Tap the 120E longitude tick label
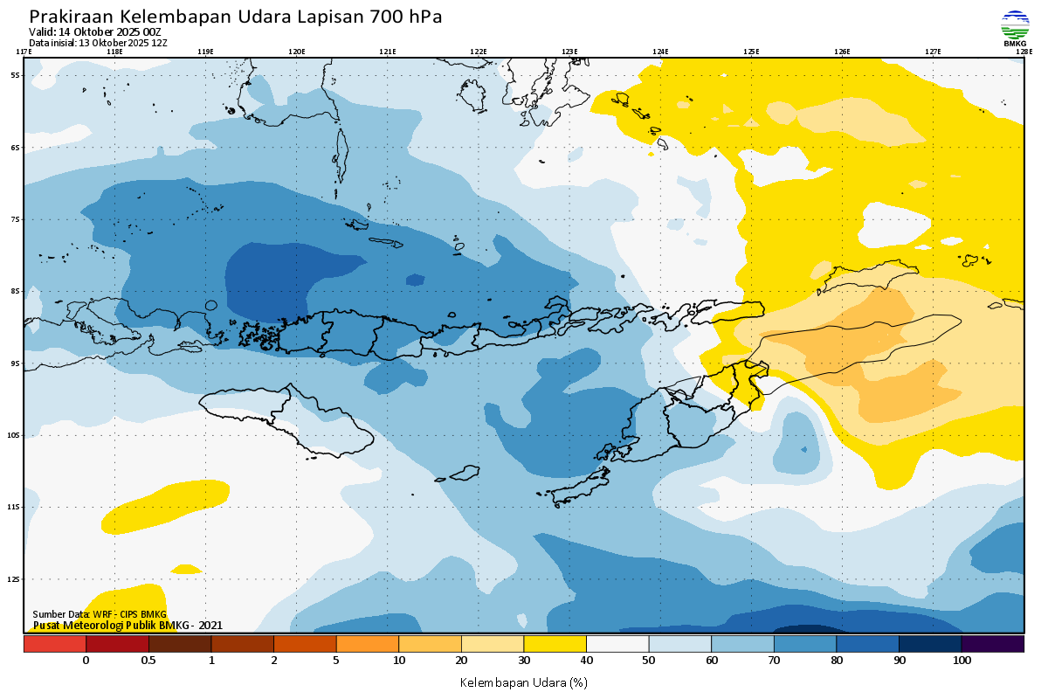pos(296,52)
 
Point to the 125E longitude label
pos(751,52)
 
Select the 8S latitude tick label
pos(16,291)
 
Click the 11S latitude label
pos(16,507)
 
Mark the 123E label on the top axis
pos(569,52)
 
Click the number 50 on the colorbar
pos(649,661)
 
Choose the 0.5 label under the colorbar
pos(148,661)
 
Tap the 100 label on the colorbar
pos(962,661)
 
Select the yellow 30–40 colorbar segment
pos(555,644)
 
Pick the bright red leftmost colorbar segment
pos(54,644)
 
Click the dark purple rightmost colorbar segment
pos(992,644)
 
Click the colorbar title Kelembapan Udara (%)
pos(524,682)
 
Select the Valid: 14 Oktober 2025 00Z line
pos(95,32)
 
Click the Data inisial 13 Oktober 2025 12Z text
pos(98,42)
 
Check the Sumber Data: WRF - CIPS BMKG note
pos(100,615)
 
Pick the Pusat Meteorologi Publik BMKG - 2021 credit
pos(128,625)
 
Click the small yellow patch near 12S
pos(186,569)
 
